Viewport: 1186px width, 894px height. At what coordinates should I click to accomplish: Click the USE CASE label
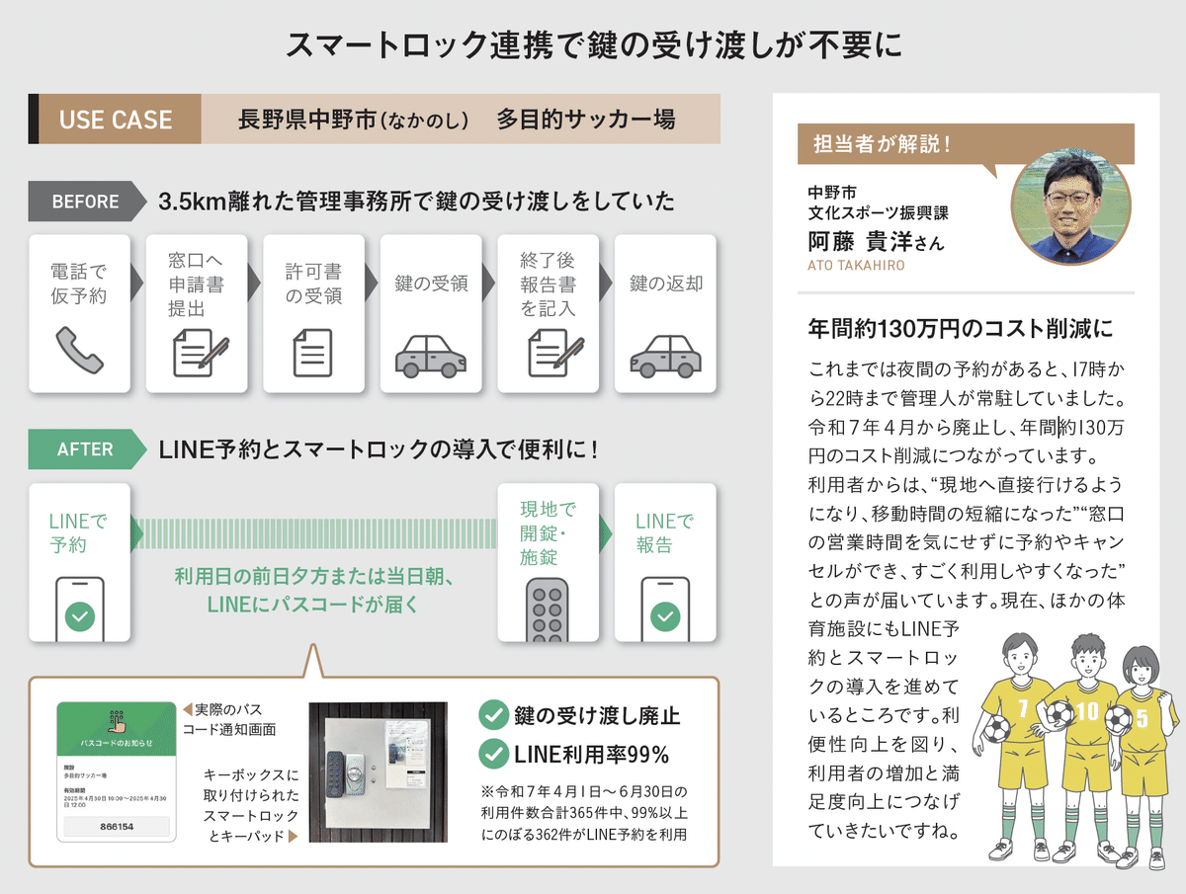coord(116,120)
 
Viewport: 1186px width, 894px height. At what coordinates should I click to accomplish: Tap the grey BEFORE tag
coord(85,202)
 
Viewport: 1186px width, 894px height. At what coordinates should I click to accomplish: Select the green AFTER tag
coord(85,448)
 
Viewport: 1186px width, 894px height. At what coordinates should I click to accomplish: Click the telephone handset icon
coord(79,352)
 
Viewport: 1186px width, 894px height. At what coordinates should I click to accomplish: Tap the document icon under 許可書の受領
coord(312,353)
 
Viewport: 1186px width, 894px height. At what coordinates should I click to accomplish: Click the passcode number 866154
coord(117,826)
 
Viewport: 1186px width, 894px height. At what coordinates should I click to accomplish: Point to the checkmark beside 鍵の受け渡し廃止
coord(493,715)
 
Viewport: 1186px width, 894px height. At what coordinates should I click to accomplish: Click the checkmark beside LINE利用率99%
coord(493,755)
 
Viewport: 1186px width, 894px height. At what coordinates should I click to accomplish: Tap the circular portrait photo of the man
coord(1071,206)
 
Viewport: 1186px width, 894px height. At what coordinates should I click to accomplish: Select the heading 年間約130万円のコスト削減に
coord(961,328)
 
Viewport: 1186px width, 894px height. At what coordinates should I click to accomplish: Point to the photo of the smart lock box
coord(379,771)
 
